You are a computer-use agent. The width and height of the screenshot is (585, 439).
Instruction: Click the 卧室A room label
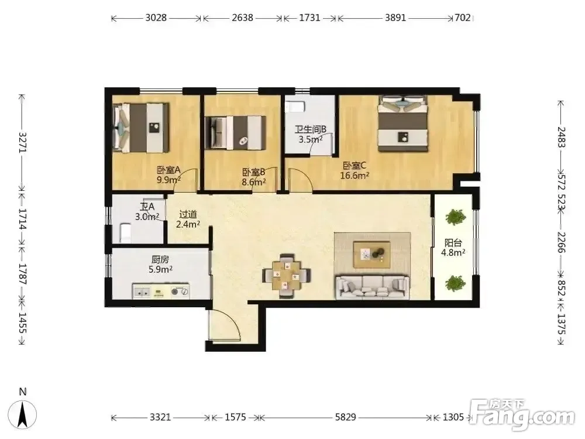click(168, 170)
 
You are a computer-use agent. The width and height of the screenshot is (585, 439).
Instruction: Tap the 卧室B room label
click(254, 172)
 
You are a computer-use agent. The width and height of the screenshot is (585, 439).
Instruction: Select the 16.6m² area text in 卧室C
click(355, 175)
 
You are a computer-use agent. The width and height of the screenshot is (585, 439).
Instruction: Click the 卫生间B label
click(311, 129)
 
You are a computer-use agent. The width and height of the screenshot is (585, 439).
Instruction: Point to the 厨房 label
click(160, 259)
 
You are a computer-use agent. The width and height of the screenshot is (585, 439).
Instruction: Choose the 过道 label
click(188, 214)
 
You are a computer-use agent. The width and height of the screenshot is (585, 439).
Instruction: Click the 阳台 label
click(453, 243)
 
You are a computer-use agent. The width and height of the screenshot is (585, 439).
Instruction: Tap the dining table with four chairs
click(286, 276)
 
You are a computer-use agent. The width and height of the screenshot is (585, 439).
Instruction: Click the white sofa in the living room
click(372, 287)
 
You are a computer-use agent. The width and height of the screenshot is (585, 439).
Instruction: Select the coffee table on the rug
click(372, 254)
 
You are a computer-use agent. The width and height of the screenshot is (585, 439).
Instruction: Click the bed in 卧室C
click(402, 123)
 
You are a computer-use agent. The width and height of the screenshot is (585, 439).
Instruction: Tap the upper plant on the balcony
click(455, 217)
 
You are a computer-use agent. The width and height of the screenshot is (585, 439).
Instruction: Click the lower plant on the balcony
click(455, 283)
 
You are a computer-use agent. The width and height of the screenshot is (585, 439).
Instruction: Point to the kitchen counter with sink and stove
click(161, 291)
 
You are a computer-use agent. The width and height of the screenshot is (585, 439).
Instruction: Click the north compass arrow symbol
click(23, 414)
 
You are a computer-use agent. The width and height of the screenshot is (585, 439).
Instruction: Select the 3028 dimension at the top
click(156, 18)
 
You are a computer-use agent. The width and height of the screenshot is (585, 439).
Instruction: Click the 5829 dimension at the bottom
click(346, 417)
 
